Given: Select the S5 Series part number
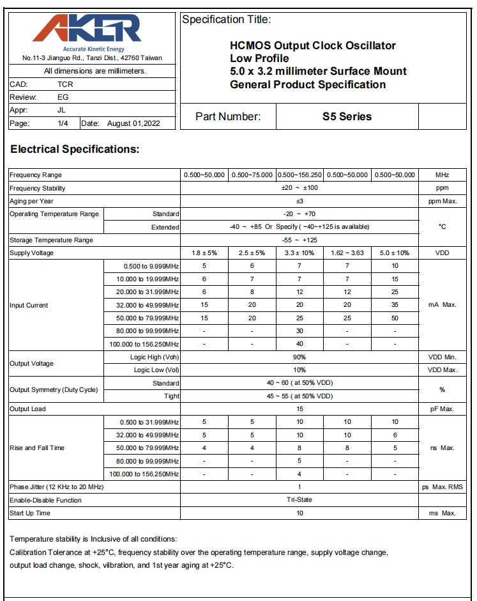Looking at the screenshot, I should (x=347, y=116).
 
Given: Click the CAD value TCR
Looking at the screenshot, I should (x=65, y=84).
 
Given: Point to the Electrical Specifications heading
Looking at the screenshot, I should (x=75, y=150).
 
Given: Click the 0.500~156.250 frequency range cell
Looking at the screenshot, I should (x=299, y=175).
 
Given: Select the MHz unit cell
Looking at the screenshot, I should (x=442, y=175).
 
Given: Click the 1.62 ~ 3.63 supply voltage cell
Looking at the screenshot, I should (x=347, y=253).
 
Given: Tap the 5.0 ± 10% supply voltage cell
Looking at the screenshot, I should (x=395, y=253).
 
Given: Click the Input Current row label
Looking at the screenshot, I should (x=29, y=306).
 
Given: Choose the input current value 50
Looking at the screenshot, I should (x=395, y=318).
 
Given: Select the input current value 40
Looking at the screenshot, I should (x=299, y=345).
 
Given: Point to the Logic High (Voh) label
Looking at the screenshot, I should (x=154, y=357).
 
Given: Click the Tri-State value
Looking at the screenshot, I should (x=299, y=500).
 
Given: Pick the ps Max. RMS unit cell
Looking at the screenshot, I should (x=442, y=487).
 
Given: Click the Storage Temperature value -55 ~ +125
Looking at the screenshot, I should (x=299, y=240).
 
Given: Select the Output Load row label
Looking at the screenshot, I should (x=27, y=409).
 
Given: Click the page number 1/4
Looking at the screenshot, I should (x=63, y=123).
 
